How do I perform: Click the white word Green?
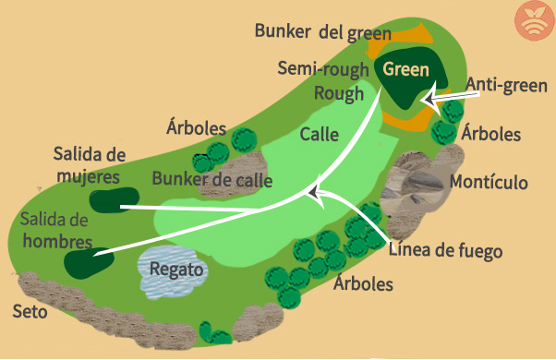[406, 68]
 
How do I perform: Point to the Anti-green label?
[506, 85]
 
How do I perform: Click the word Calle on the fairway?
[319, 134]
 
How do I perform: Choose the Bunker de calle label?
[212, 179]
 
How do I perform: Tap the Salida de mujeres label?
[89, 163]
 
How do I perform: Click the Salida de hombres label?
[54, 231]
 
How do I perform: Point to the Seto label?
[30, 311]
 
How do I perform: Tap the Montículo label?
[489, 182]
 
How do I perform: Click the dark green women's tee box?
[114, 198]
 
